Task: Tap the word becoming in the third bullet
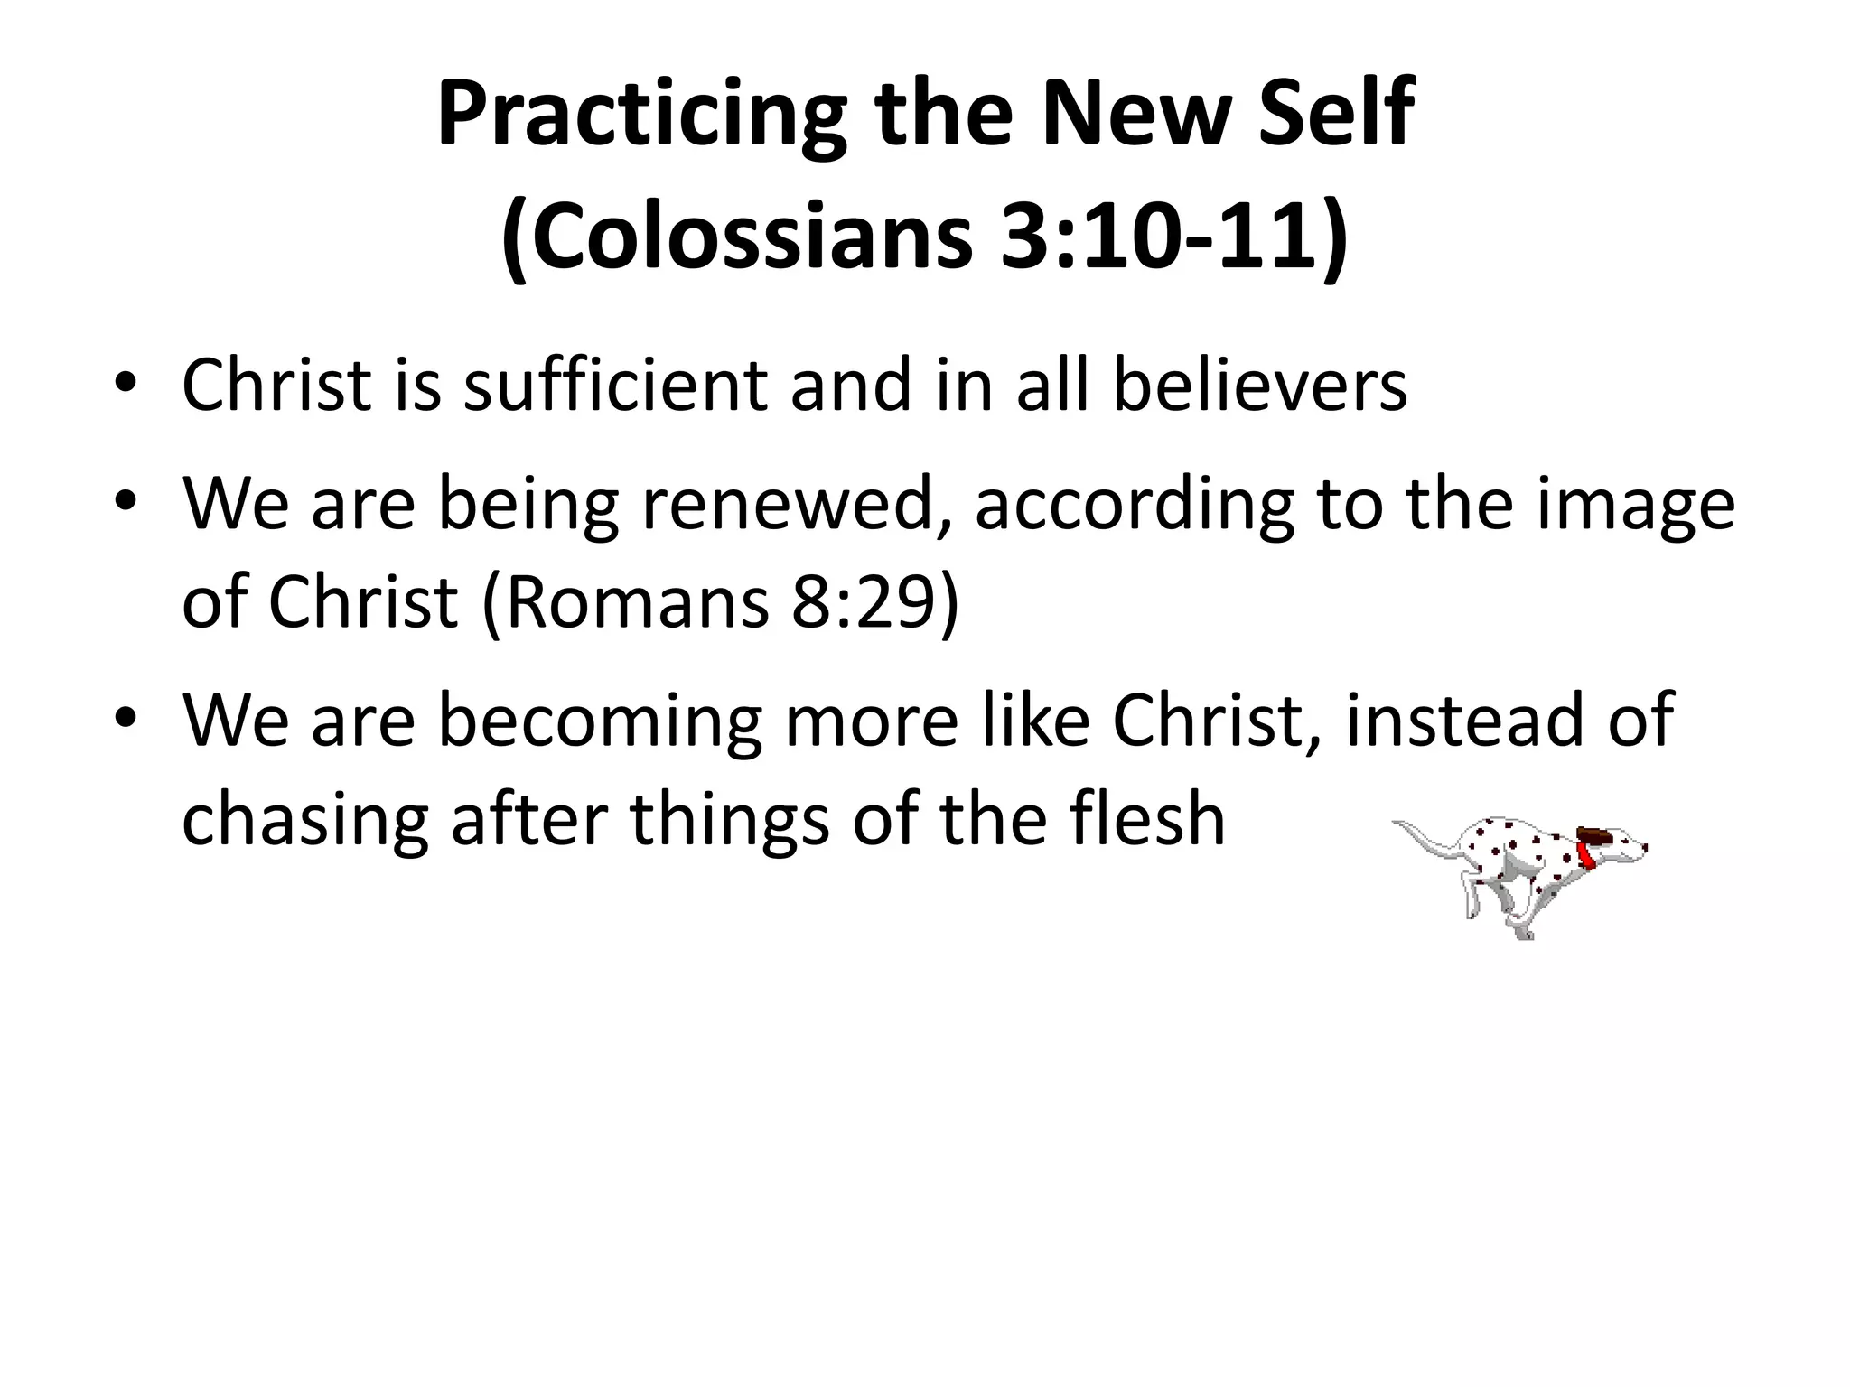point(601,722)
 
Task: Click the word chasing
point(305,820)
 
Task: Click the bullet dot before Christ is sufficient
point(126,386)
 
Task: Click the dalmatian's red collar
point(1587,855)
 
